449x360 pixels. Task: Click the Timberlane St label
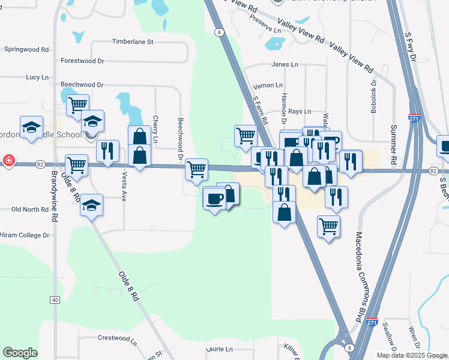point(133,42)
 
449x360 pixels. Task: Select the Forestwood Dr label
point(82,61)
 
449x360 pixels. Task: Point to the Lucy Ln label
point(37,77)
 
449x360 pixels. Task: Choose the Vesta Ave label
point(124,188)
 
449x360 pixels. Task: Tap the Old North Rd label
point(30,209)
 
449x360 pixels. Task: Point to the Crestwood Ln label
point(117,338)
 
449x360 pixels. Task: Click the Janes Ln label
point(284,64)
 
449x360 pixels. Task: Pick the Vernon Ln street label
point(268,86)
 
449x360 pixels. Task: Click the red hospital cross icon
point(8,160)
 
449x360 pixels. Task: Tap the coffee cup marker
point(214,199)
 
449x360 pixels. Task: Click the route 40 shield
point(55,300)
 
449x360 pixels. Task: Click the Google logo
point(20,353)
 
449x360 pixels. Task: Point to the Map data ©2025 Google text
point(412,355)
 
